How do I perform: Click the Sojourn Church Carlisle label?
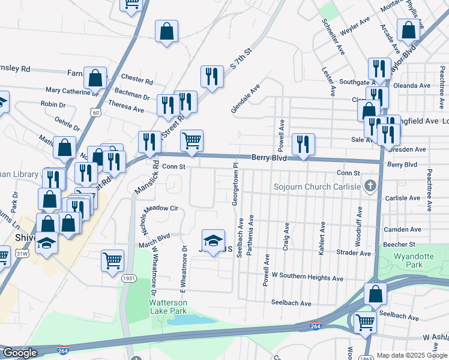tap(317, 187)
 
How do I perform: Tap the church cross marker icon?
tap(370, 187)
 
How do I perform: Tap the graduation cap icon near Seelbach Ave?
tap(213, 241)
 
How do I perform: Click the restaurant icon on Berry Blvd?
tap(303, 145)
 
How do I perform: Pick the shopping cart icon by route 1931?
tap(112, 261)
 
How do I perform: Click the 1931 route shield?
tap(128, 278)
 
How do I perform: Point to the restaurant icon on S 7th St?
tap(211, 77)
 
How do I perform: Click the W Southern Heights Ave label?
tap(307, 278)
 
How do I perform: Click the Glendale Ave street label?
tap(246, 98)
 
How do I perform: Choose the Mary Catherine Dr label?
tap(72, 91)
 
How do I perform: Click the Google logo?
tap(20, 353)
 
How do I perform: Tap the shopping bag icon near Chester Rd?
tap(95, 77)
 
